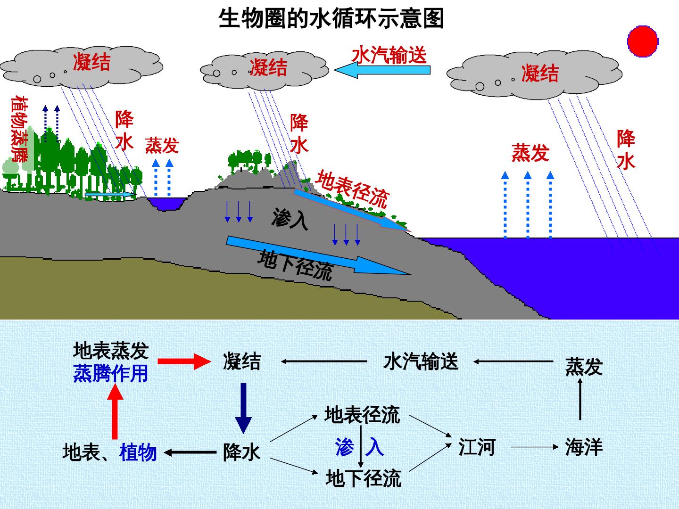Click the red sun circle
[643, 41]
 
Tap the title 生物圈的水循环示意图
[331, 18]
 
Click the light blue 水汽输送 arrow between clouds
[382, 70]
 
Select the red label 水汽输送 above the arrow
[389, 55]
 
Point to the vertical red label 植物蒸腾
[19, 129]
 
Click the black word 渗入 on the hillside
[290, 219]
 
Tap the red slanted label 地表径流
[352, 189]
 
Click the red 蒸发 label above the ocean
[530, 153]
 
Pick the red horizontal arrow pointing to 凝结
[184, 361]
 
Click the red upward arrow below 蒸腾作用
[115, 411]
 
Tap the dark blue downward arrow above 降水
[243, 408]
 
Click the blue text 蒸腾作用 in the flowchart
[110, 373]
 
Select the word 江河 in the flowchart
[477, 447]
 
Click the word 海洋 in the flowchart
[584, 447]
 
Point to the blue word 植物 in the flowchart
[138, 452]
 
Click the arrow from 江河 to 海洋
[535, 447]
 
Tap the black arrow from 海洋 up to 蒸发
[580, 399]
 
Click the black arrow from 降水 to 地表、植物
[190, 452]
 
